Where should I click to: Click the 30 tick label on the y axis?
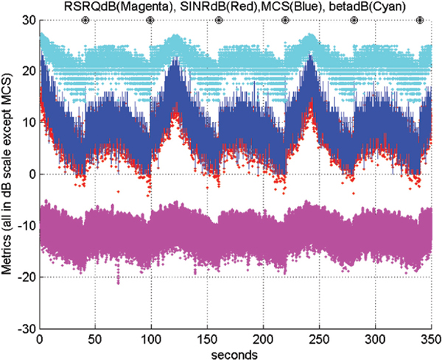[27, 20]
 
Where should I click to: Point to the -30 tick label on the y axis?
[25, 328]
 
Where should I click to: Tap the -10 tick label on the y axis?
[25, 225]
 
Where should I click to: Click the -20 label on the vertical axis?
[25, 277]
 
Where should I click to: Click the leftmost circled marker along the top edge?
[85, 21]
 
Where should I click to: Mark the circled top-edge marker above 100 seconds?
[150, 21]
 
